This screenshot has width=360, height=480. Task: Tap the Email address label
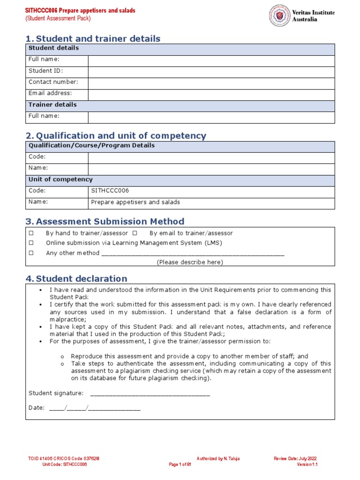point(50,93)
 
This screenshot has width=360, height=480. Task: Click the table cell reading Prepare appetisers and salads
point(211,203)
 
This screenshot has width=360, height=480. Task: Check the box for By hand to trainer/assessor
point(31,233)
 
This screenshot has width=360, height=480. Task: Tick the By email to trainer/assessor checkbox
point(135,233)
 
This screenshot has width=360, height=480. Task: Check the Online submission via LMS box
point(31,243)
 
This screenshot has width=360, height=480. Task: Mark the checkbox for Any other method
point(31,253)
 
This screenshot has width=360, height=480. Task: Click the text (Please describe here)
point(189,262)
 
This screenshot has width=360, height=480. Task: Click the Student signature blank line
point(150,394)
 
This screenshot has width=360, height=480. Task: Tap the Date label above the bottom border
point(36,408)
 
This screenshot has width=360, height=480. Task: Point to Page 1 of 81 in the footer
point(180,465)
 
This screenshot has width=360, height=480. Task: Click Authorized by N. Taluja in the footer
point(218,458)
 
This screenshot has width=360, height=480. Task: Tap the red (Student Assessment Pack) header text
point(58,19)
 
